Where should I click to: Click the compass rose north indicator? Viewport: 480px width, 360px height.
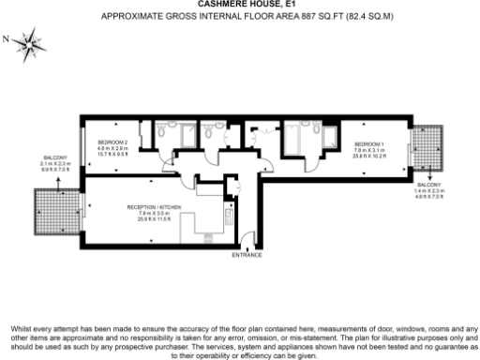pyautogui.click(x=31, y=41)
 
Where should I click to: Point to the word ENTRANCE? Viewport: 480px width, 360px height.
pyautogui.click(x=247, y=254)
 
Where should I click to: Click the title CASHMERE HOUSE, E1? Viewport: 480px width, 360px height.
pyautogui.click(x=239, y=5)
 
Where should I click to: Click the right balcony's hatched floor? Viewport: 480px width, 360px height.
pyautogui.click(x=428, y=145)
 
